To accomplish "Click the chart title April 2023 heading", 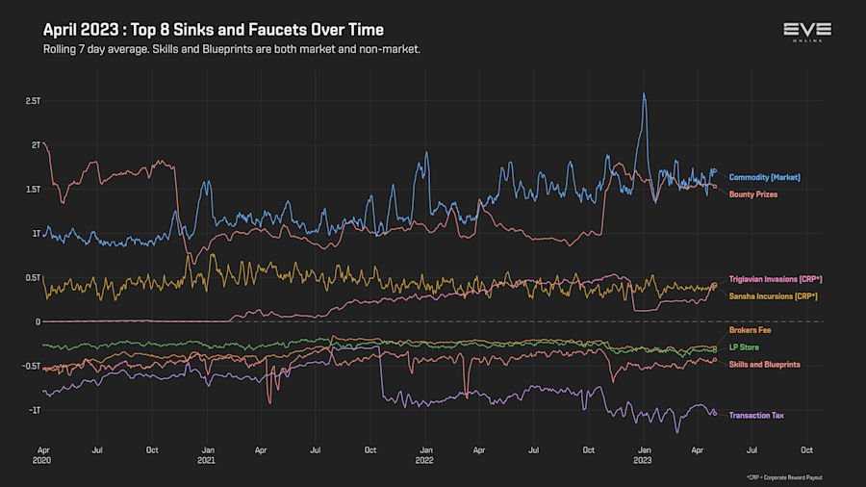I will point(214,31).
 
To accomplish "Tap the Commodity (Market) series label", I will point(764,177).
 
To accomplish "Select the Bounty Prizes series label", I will point(752,194).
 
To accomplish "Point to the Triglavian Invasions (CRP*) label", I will point(776,279).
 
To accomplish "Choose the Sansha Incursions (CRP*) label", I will point(773,295).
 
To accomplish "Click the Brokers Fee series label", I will point(750,330).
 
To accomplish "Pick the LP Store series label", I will point(744,346).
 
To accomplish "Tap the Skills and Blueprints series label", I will point(764,364).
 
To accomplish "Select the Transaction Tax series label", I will point(756,415).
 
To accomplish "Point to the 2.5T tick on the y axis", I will point(33,101).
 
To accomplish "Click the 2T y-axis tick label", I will point(36,145).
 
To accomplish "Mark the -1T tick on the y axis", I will point(34,410).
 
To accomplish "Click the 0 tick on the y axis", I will point(38,321).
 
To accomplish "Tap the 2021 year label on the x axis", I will point(205,460).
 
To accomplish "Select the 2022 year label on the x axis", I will point(424,460).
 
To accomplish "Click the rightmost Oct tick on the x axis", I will point(806,449).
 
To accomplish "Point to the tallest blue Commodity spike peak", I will point(644,93).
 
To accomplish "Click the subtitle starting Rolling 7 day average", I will point(232,48).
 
